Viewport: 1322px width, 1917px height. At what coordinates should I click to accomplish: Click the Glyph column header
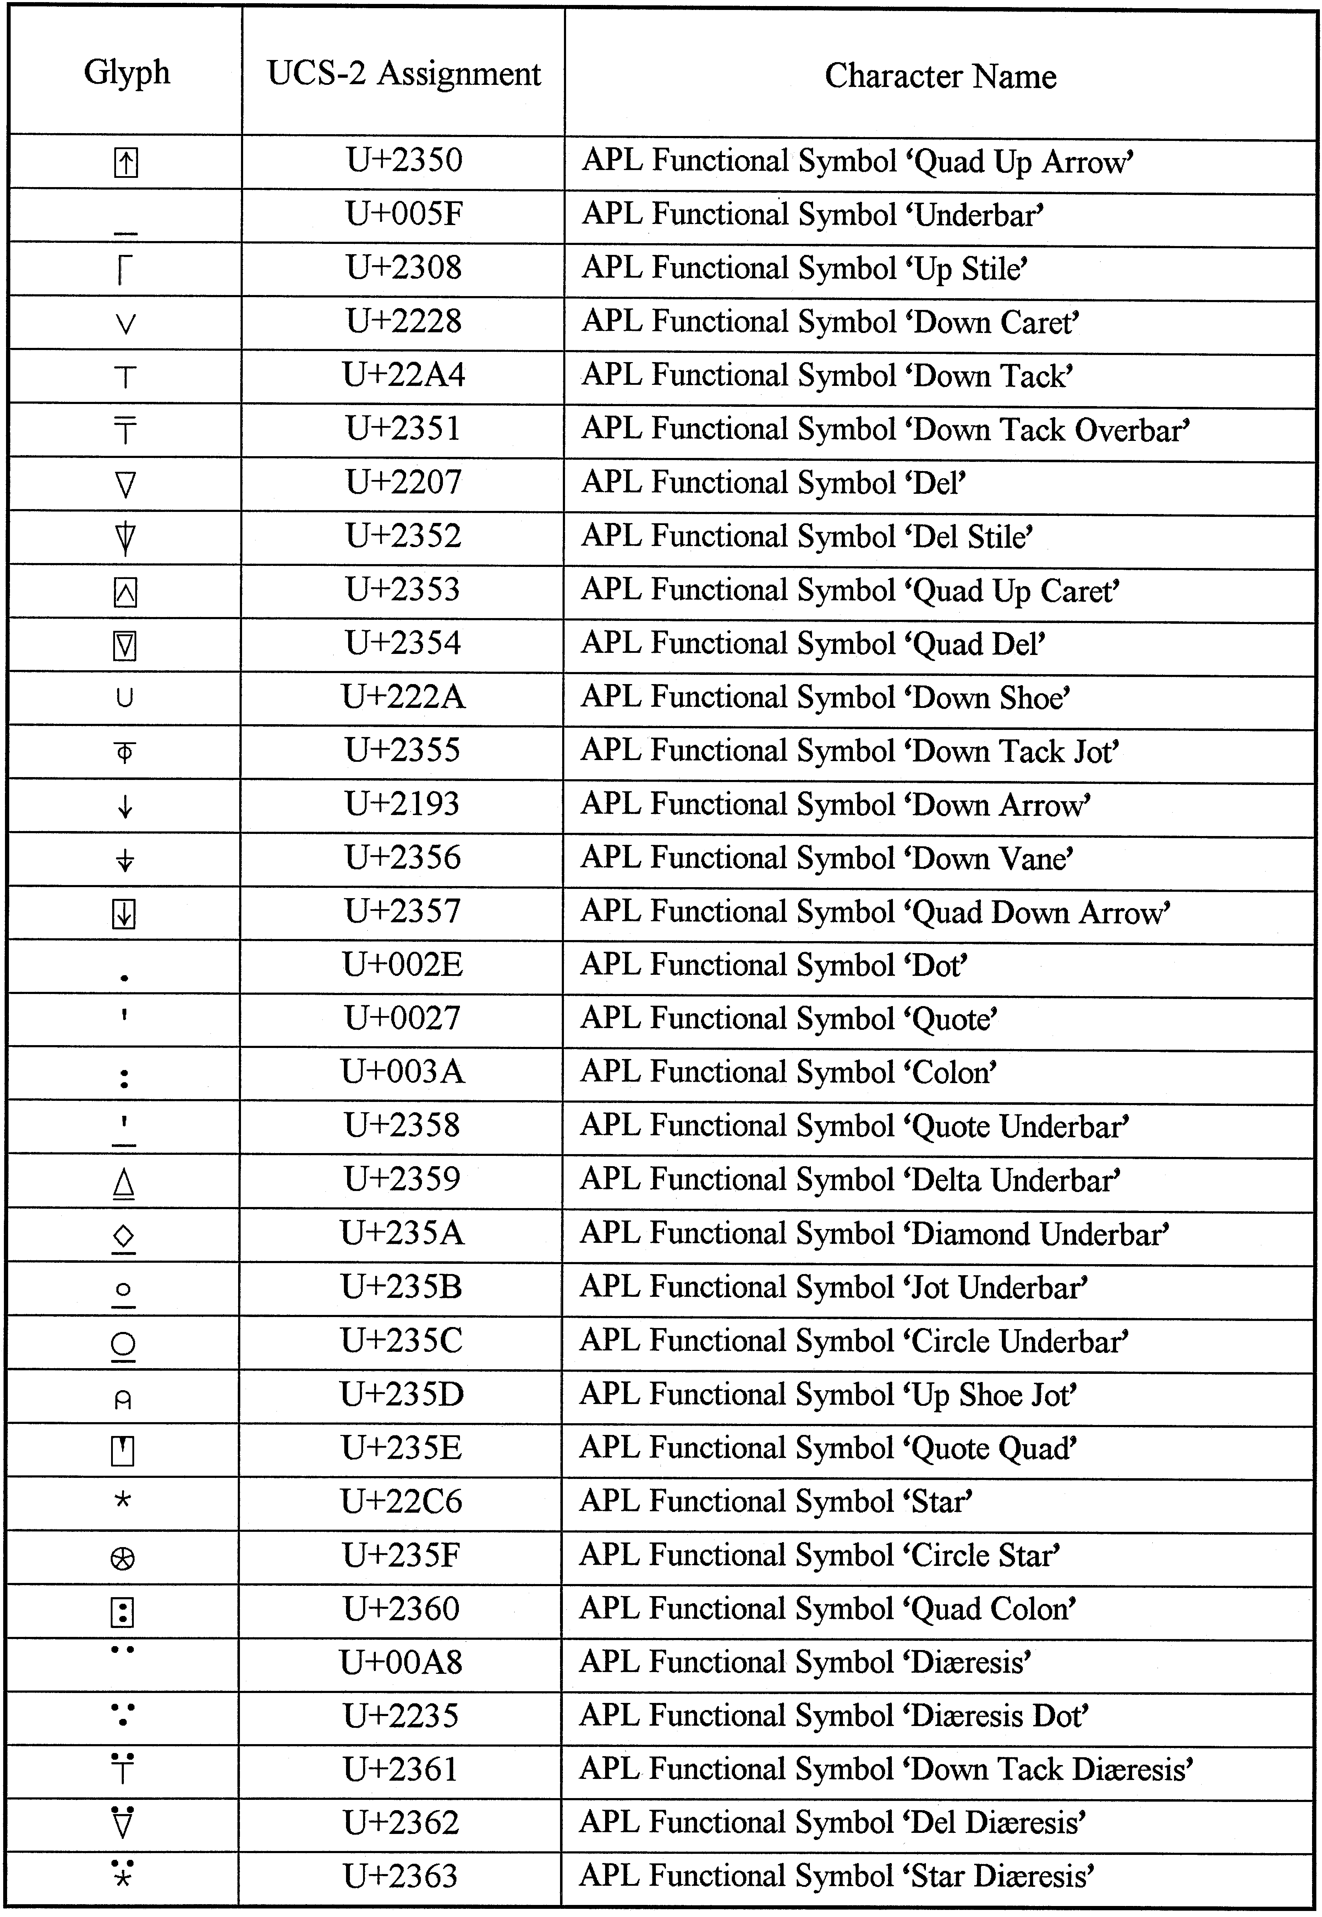pyautogui.click(x=127, y=73)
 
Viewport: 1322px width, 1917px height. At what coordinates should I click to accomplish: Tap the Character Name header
pyautogui.click(x=940, y=76)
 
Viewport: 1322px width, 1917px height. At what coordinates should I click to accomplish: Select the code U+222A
pyautogui.click(x=404, y=697)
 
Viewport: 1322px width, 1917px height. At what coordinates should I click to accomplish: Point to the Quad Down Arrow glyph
pyautogui.click(x=124, y=914)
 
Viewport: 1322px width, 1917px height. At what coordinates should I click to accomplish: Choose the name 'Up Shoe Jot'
pyautogui.click(x=994, y=1395)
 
